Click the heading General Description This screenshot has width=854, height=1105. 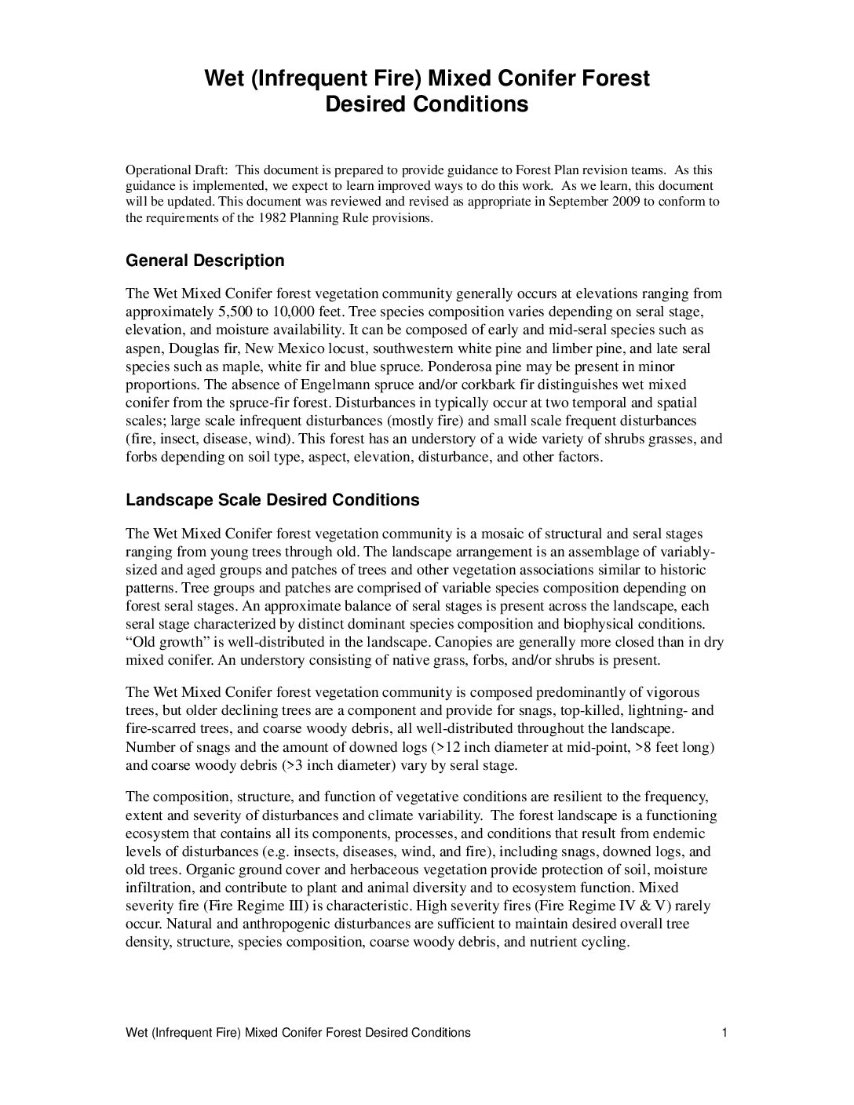[x=205, y=261]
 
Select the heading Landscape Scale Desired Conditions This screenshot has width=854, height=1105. [x=272, y=500]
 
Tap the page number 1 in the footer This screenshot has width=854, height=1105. [x=724, y=1033]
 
